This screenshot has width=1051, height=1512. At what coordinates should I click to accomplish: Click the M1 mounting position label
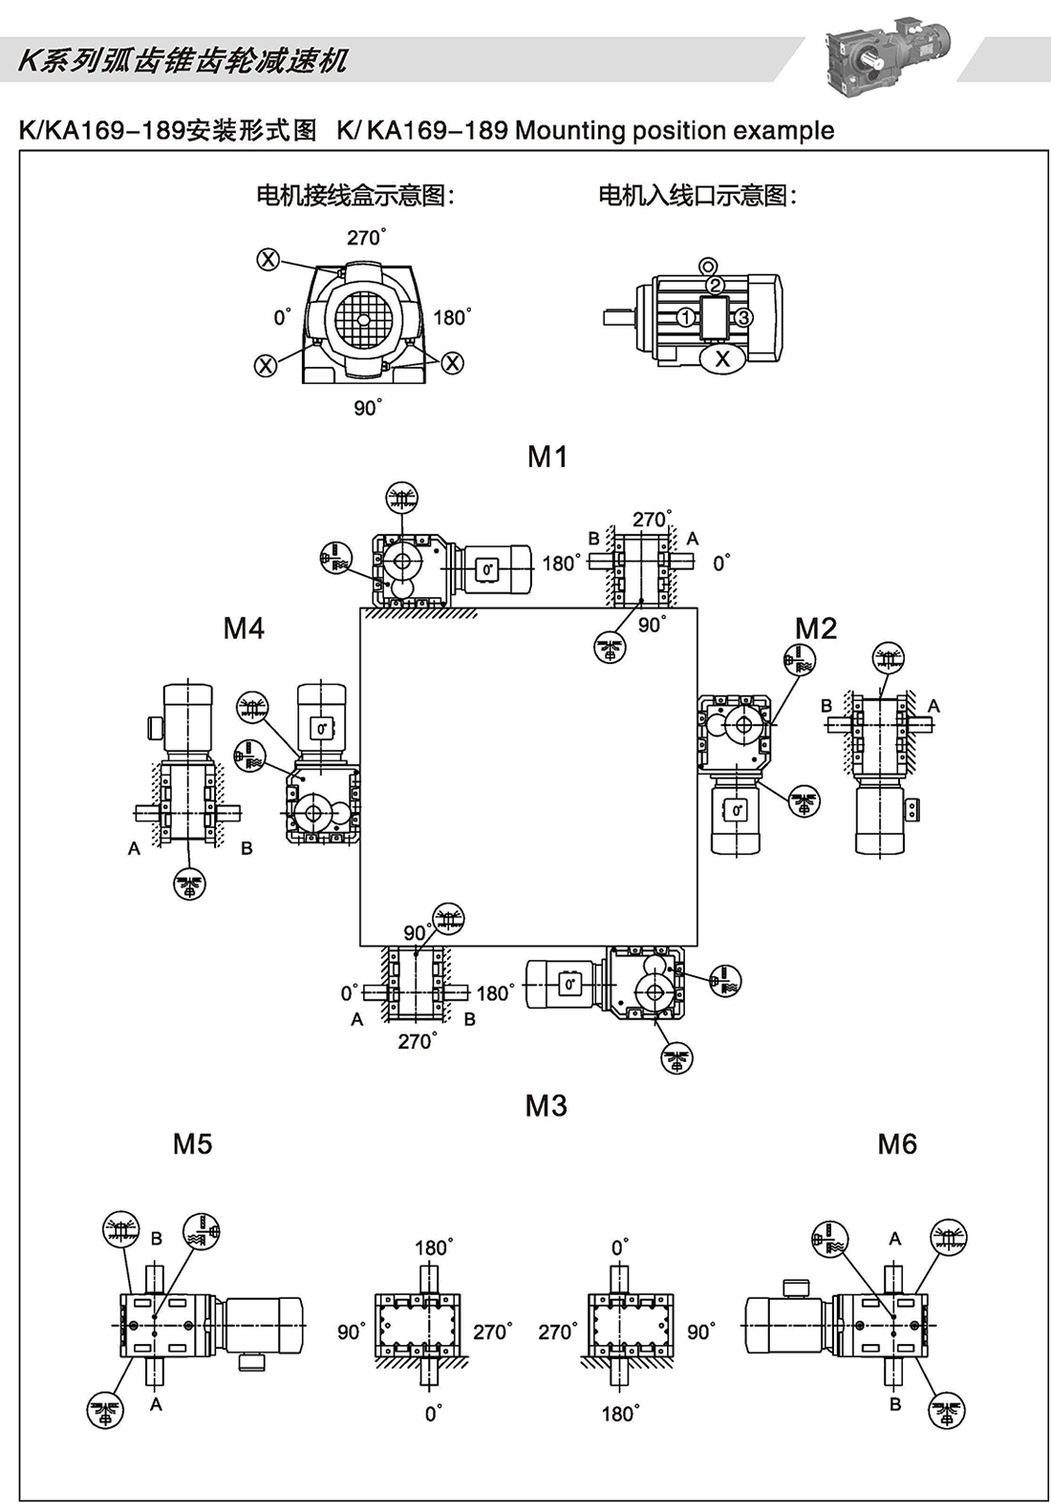point(547,458)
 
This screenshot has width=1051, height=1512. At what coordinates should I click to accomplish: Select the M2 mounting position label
point(815,628)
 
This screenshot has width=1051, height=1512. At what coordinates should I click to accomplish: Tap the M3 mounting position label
point(546,1106)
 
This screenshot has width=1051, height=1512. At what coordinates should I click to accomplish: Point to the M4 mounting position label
point(244,628)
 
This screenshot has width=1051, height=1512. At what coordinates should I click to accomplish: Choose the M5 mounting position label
point(192,1144)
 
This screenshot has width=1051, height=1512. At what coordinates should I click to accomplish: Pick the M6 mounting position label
point(896,1144)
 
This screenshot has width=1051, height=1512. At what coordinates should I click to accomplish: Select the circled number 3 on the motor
point(744,317)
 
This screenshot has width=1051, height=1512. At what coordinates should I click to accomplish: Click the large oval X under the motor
point(722,358)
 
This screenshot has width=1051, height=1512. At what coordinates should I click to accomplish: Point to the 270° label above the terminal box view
point(366,237)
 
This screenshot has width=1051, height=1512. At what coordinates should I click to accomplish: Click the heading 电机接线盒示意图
point(354,196)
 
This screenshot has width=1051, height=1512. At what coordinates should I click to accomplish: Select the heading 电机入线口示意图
point(697,196)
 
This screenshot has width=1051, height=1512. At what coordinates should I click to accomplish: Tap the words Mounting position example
point(674,131)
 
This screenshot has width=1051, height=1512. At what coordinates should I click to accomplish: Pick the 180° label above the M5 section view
point(433,1247)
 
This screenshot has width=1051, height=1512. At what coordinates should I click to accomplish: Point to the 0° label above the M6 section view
point(620,1247)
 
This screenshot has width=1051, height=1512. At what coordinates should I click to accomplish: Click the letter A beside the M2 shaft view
point(933,706)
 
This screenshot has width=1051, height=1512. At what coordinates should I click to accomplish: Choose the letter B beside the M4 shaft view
point(247,847)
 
